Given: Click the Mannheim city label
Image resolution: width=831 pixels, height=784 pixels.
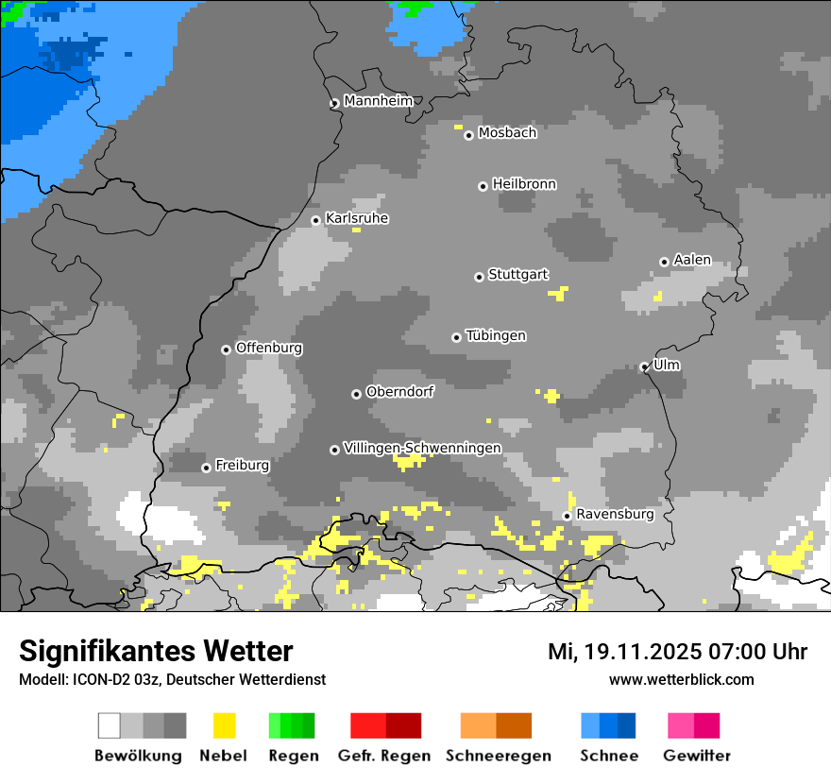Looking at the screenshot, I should (x=378, y=101).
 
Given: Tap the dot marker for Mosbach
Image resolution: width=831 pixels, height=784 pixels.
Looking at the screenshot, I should (x=468, y=135).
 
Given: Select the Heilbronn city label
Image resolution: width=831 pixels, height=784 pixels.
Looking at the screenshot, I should (x=524, y=184).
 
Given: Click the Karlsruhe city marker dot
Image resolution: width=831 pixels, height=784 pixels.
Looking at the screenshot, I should (x=316, y=221).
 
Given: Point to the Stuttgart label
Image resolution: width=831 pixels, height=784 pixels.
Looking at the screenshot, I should (x=517, y=275).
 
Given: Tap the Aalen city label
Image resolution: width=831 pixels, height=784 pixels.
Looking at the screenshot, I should (x=692, y=260).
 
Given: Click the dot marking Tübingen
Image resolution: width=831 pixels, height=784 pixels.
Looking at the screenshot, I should (x=457, y=337).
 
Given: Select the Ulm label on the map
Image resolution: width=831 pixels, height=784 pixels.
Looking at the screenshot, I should (x=667, y=365).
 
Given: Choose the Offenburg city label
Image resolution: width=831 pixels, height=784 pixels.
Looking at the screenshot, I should (x=269, y=348).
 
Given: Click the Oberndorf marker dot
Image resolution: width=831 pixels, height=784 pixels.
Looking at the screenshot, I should (x=356, y=394).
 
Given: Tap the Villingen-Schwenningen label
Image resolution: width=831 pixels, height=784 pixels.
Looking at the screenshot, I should (x=422, y=448).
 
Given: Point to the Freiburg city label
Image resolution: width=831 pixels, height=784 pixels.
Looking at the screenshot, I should (x=242, y=466).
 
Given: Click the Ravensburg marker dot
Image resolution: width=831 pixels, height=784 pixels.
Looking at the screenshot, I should (x=567, y=516).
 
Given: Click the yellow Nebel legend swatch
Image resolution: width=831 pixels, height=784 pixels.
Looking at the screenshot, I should (x=224, y=725).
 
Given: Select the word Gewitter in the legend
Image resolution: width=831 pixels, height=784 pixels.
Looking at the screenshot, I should (x=697, y=756).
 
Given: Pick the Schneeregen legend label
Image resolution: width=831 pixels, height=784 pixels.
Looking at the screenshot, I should (x=499, y=756).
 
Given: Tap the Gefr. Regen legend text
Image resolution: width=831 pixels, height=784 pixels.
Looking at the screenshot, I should (x=384, y=756).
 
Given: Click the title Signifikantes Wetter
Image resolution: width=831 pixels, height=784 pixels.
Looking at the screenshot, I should (x=156, y=651).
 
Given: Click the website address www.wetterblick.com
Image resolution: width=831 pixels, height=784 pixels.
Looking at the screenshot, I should (x=681, y=679).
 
